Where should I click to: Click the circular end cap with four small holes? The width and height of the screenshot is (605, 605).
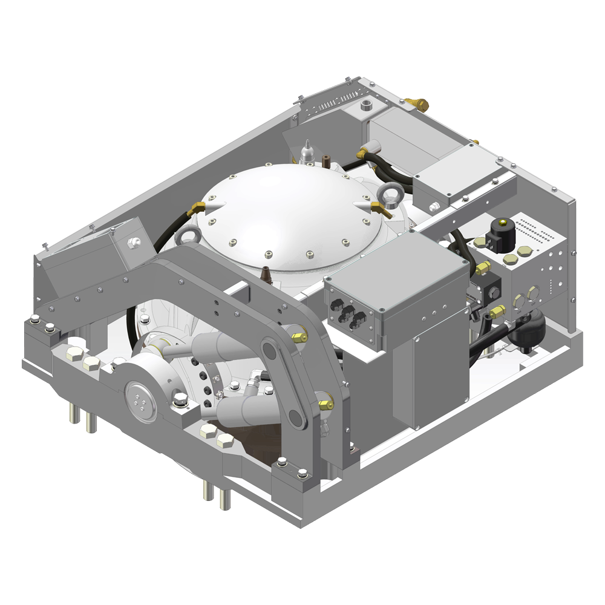tap(140, 401)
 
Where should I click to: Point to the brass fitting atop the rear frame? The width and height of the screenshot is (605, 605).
tap(418, 103)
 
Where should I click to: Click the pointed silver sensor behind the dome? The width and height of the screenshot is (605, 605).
tap(306, 150)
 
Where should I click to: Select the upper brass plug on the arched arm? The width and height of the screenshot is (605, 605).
tap(296, 335)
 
